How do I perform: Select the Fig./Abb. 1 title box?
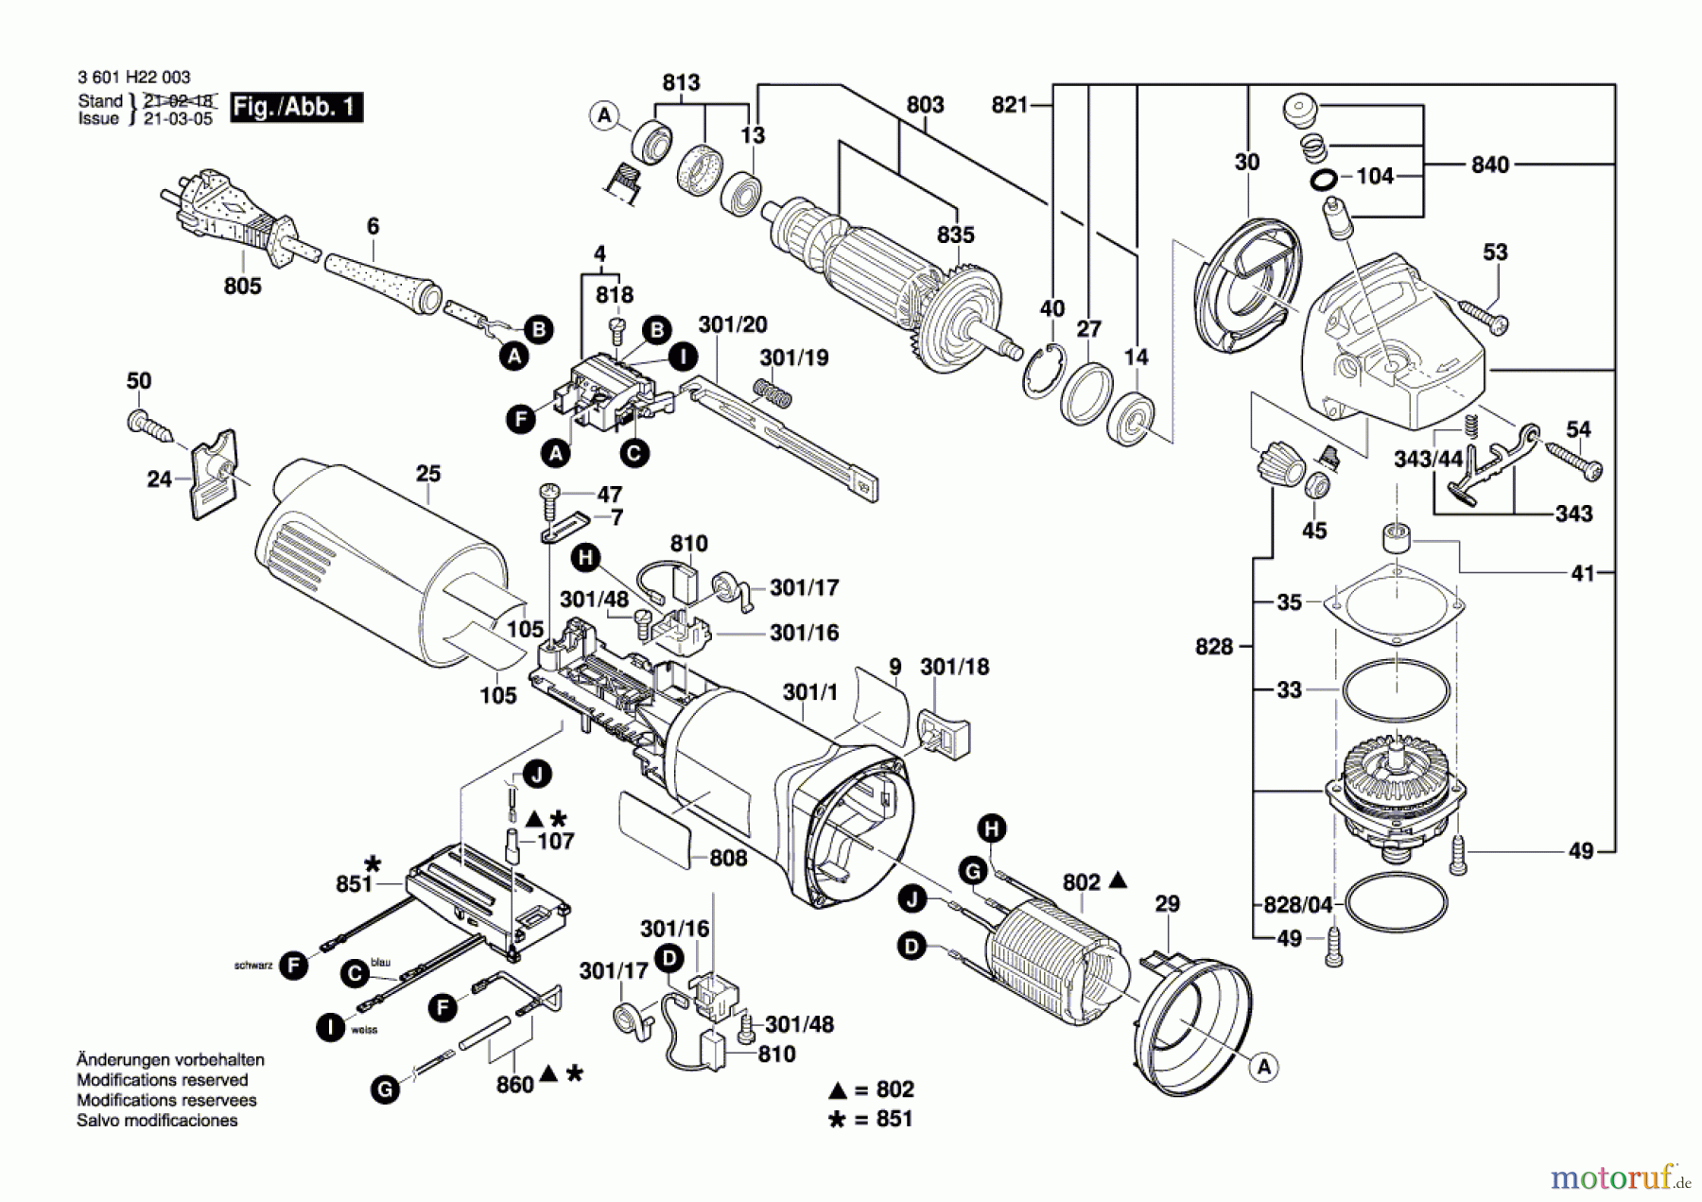(x=297, y=107)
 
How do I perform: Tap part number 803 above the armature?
(x=924, y=105)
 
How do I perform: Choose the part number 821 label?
(x=1009, y=105)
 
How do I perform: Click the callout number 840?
(x=1489, y=165)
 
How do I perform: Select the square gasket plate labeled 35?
(x=1395, y=604)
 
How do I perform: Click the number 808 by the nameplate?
(x=727, y=858)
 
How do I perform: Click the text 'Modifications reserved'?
(x=162, y=1080)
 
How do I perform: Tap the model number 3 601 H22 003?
(x=133, y=78)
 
